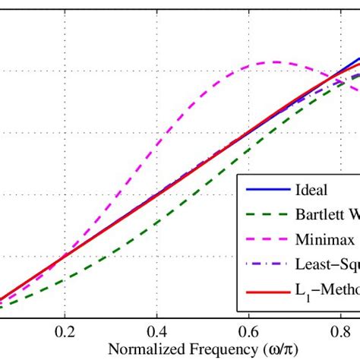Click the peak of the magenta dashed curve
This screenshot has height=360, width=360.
pos(274,62)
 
